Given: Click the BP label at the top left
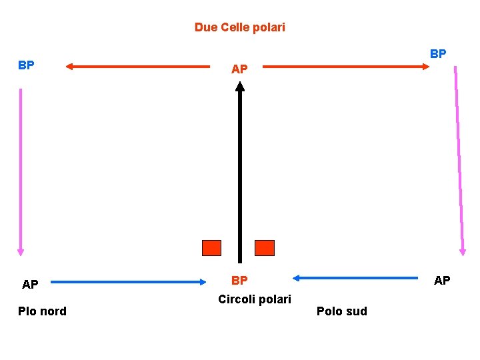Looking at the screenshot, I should click(x=27, y=65).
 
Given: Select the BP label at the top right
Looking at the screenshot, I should click(x=438, y=53).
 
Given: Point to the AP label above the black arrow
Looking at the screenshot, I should click(x=239, y=69).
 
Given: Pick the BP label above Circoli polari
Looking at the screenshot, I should click(x=239, y=281).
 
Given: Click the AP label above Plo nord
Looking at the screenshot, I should click(x=30, y=285).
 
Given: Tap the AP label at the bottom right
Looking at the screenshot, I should click(x=442, y=281).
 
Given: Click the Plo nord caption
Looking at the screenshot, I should click(x=42, y=311).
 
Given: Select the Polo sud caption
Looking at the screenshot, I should click(x=341, y=311).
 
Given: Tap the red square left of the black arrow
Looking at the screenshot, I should click(x=211, y=248).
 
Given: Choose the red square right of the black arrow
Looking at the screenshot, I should click(x=265, y=248).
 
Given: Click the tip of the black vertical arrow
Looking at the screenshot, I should click(x=240, y=84).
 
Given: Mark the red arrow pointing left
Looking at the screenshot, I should click(x=137, y=66).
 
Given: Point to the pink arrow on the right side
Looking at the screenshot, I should click(x=459, y=160).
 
